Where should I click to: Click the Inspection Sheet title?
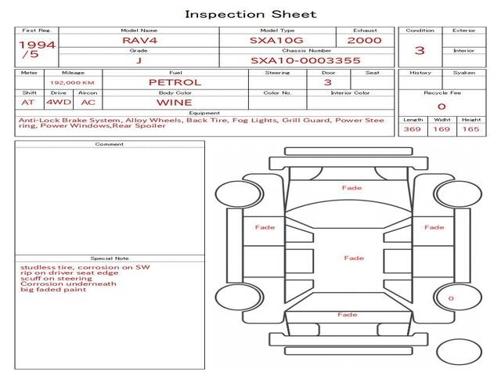250,13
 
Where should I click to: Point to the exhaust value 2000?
364,40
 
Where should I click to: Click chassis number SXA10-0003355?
305,60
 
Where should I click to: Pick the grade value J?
139,60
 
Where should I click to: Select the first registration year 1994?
37,45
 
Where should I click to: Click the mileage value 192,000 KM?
72,82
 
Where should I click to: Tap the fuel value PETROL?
175,82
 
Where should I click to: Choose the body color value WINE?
174,102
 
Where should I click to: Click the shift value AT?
28,102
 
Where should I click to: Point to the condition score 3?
420,50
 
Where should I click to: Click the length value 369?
413,129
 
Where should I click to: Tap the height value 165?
470,129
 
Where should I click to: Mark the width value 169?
442,129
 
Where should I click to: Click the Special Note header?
109,258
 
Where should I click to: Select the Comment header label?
109,144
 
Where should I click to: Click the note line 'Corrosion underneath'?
68,284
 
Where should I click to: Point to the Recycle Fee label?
442,92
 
